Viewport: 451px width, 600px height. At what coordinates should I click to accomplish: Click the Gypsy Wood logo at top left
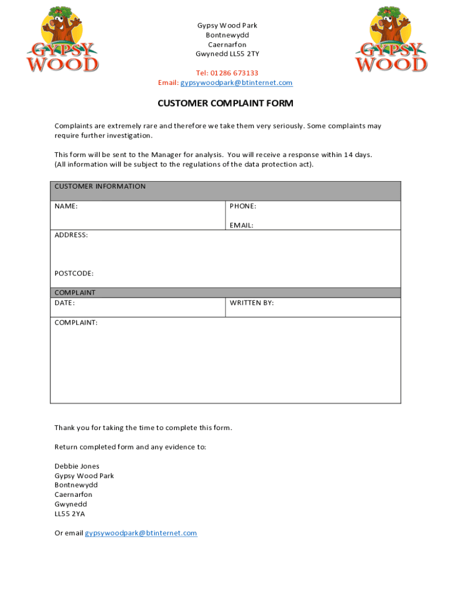click(x=61, y=39)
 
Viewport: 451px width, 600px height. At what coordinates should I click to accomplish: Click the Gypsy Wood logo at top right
click(x=391, y=39)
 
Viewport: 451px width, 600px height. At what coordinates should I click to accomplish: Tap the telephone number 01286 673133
click(x=235, y=73)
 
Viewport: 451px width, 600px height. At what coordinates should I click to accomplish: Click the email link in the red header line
click(x=236, y=83)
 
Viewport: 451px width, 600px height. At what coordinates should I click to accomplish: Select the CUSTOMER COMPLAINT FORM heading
click(x=225, y=104)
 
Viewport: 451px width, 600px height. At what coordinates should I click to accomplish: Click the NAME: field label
click(x=66, y=206)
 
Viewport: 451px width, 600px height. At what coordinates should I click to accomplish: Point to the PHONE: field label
click(x=242, y=206)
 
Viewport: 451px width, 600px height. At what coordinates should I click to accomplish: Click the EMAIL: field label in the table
click(x=241, y=225)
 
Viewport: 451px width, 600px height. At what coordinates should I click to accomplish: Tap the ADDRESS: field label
click(x=71, y=235)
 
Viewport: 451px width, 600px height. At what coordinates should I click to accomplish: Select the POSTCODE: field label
click(x=74, y=273)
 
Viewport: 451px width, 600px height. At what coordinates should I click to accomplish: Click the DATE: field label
click(x=64, y=303)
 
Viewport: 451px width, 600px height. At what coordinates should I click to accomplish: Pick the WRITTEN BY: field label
click(x=251, y=303)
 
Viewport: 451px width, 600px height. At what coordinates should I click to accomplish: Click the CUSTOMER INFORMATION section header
click(x=100, y=186)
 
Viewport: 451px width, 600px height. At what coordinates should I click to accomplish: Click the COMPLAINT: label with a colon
click(x=76, y=322)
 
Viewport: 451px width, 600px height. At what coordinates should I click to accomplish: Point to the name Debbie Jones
click(x=77, y=466)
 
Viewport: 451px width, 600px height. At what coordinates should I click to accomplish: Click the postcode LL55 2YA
click(x=70, y=514)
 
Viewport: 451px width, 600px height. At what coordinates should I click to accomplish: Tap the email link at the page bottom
click(x=141, y=533)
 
